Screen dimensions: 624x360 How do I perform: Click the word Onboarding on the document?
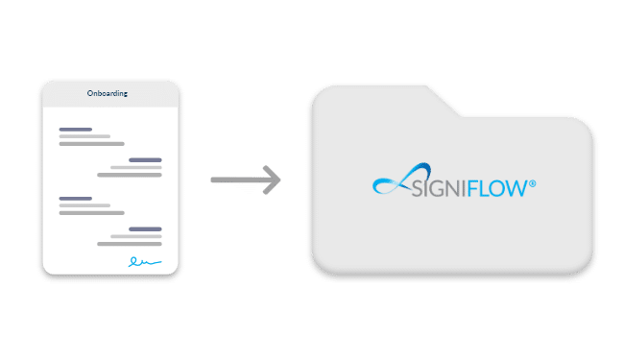110,94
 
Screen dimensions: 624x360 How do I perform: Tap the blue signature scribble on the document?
145,260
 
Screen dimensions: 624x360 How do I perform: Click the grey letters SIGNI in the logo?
438,189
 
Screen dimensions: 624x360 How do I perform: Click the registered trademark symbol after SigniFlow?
532,182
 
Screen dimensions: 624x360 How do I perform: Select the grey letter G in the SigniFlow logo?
433,189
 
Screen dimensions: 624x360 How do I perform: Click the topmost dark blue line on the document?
75,129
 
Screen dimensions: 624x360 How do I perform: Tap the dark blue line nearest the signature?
145,228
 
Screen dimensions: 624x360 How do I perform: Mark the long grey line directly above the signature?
131,244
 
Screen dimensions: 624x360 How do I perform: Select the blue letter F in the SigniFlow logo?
471,189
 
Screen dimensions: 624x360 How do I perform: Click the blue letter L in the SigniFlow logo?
483,189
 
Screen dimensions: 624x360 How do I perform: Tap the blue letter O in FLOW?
496,189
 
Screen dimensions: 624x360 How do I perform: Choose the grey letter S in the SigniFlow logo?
417,189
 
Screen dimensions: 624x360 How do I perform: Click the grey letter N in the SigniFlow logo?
446,189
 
